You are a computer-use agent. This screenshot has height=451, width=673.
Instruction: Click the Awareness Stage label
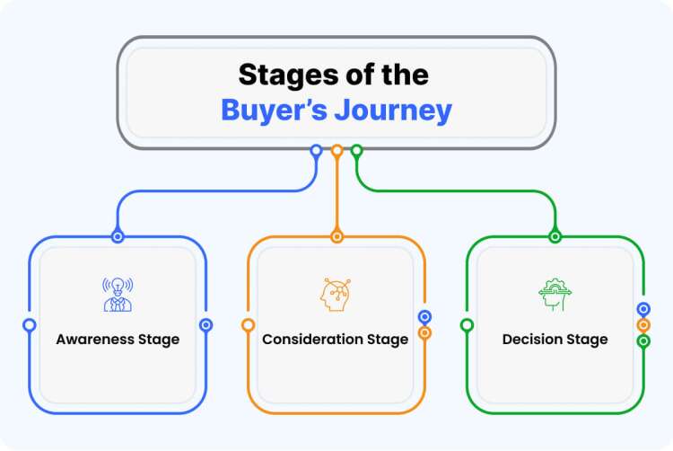[118, 340]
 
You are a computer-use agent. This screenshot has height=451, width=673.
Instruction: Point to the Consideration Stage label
[335, 340]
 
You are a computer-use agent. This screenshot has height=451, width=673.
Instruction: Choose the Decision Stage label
[555, 340]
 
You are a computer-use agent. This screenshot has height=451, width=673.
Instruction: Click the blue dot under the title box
[316, 151]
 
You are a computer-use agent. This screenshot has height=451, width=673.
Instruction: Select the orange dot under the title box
[336, 151]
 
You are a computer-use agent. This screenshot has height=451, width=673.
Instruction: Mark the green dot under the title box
[356, 151]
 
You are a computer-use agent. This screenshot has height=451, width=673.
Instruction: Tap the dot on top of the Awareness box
[118, 236]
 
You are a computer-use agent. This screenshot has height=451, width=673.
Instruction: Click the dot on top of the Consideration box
[336, 236]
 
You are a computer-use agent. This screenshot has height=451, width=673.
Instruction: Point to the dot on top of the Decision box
[555, 236]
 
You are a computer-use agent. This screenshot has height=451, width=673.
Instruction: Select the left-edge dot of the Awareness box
[30, 325]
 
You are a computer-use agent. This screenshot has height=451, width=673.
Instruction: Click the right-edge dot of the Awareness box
[205, 325]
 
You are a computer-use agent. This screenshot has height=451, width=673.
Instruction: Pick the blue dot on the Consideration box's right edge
[424, 317]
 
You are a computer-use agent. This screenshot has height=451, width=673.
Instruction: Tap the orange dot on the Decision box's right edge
[643, 325]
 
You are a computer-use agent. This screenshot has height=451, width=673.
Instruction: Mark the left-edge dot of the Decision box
[467, 325]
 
